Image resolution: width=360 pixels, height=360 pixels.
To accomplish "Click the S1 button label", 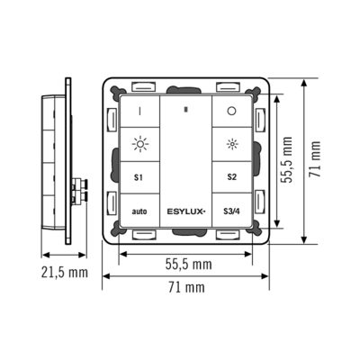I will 139,177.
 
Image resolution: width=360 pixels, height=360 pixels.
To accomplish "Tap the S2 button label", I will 231,177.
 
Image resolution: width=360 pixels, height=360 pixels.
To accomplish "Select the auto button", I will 139,211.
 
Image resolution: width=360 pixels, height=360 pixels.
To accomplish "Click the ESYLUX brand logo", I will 185,211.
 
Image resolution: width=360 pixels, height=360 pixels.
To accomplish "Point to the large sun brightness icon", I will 139,143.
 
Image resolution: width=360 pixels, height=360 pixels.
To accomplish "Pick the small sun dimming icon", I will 231,143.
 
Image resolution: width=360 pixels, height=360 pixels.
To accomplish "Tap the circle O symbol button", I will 231,112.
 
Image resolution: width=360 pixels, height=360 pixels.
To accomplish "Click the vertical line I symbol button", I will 139,112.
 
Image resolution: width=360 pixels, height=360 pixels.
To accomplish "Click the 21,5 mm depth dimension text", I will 64,271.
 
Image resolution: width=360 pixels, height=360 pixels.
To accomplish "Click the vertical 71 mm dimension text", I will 315,160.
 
